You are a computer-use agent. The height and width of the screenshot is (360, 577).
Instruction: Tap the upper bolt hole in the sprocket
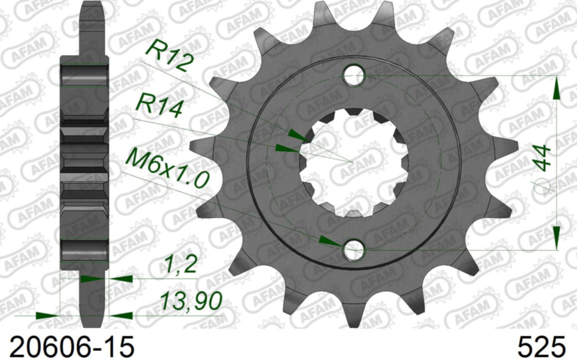pos(354,75)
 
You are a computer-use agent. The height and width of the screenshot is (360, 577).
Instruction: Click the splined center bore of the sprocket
pos(353,162)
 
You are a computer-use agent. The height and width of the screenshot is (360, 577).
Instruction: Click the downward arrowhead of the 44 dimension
pos(556,237)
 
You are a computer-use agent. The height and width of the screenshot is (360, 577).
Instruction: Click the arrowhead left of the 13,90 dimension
pos(47,316)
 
